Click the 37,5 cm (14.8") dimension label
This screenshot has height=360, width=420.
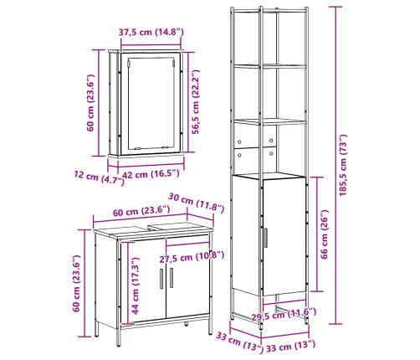(x=151, y=32)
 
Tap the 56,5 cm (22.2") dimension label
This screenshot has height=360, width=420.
(x=196, y=102)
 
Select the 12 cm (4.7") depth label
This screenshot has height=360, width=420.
(x=99, y=177)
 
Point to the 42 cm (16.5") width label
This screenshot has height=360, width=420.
(x=151, y=174)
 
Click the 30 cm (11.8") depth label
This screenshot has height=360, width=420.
(x=196, y=203)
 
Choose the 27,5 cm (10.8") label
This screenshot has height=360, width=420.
(x=192, y=257)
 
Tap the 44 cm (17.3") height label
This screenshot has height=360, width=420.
(x=135, y=285)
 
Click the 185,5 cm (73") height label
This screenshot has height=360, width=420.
(x=343, y=165)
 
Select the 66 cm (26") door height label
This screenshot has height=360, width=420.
(x=324, y=234)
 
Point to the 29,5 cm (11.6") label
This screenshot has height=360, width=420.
(x=284, y=315)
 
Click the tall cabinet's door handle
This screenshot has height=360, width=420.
(x=266, y=238)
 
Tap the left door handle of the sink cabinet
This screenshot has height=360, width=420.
(x=161, y=279)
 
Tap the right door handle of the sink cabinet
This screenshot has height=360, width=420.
(x=172, y=278)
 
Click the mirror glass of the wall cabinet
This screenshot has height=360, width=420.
(x=151, y=103)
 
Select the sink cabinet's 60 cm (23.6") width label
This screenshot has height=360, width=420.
(x=141, y=211)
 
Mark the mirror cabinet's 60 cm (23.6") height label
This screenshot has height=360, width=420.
(x=90, y=103)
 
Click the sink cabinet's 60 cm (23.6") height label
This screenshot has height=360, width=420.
(x=76, y=283)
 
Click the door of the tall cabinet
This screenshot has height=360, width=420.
(x=284, y=236)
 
